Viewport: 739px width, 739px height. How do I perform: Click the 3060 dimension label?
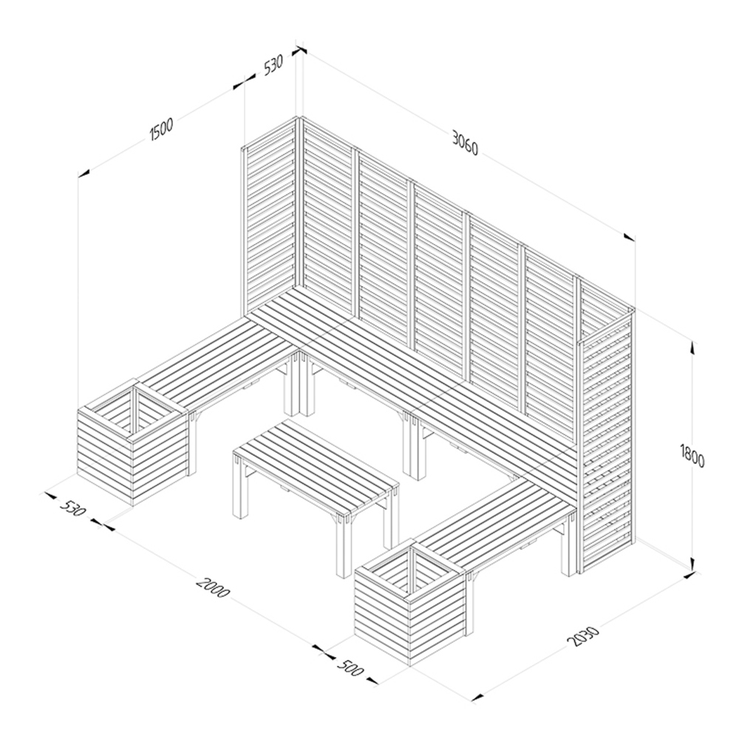coord(465,143)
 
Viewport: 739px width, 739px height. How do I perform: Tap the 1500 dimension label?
coord(161,129)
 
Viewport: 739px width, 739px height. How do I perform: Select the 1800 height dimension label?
coord(692,455)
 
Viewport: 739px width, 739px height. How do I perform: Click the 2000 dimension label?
coord(213,586)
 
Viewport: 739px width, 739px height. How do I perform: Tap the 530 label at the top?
coord(273,65)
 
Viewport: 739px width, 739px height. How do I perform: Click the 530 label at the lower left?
coord(73,507)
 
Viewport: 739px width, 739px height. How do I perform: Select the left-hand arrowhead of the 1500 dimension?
coord(84,174)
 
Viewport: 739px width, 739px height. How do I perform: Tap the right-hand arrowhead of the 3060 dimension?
coord(629,237)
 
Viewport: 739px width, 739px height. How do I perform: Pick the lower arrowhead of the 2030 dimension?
coord(478,698)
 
